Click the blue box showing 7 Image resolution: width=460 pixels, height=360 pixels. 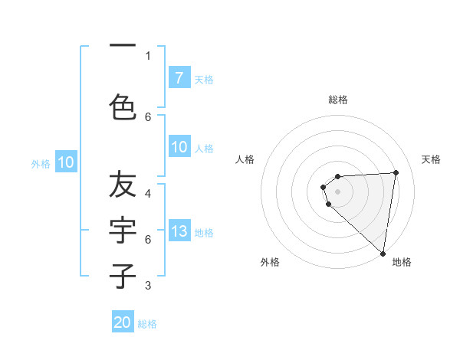179,77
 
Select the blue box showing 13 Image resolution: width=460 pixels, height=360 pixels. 179,231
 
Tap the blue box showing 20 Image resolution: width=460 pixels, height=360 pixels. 123,322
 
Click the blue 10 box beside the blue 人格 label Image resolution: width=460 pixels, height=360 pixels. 179,148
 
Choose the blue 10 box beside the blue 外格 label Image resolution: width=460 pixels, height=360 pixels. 66,162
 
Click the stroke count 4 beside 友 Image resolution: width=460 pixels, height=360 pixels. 149,193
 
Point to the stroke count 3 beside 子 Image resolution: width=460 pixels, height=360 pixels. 149,286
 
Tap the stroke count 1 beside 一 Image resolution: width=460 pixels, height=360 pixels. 148,55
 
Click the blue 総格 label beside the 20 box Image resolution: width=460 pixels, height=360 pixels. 148,324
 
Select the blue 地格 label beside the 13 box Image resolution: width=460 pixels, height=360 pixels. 204,233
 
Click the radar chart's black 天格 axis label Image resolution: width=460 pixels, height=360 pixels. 431,159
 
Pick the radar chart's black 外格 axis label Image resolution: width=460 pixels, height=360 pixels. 270,263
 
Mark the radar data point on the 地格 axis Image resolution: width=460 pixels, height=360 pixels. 383,253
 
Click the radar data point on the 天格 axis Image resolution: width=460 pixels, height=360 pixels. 396,172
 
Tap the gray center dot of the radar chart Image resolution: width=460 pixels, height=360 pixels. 337,191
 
